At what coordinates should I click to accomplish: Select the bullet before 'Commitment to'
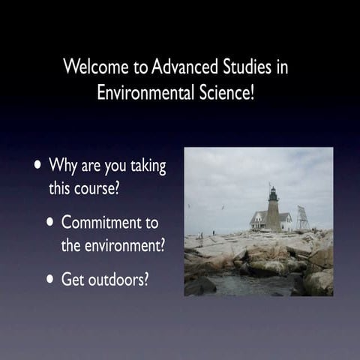coord(50,223)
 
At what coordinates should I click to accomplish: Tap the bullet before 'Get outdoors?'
coord(50,279)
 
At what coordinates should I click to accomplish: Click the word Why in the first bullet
coord(63,165)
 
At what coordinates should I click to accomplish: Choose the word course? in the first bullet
coord(95,188)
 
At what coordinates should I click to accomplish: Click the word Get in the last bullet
coord(73,279)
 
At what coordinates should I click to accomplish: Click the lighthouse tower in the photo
coord(274,211)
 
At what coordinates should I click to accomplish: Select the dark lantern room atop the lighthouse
coord(273,193)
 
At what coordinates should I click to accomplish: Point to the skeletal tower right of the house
coord(303,217)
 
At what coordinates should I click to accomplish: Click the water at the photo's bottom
coord(240,286)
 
